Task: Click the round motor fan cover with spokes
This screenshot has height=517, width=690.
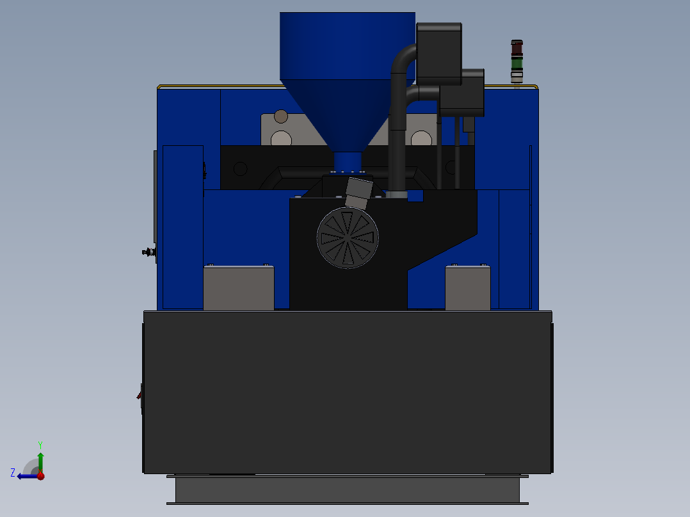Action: pos(348,237)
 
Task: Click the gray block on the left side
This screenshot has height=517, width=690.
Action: pos(239,289)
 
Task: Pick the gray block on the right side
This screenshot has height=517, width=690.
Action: pos(468,289)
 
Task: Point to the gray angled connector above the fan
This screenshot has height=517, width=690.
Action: pos(358,193)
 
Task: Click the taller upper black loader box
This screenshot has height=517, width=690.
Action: pos(439,54)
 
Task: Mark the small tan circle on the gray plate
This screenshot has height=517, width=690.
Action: pos(281,116)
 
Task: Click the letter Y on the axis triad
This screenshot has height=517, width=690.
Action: pos(40,444)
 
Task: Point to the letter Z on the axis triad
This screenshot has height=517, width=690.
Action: pos(13,473)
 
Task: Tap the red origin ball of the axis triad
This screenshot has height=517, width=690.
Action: pos(40,475)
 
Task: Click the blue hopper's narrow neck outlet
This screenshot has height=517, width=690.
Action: pos(348,161)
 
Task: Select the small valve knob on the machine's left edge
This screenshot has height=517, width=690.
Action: pos(148,252)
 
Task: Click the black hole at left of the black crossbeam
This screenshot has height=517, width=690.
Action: pos(240,169)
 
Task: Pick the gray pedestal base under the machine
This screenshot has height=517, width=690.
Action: pos(347,490)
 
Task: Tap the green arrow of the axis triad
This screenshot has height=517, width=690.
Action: pos(40,461)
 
